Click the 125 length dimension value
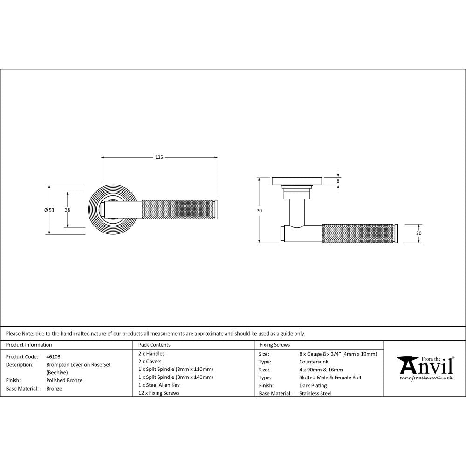tap(159, 158)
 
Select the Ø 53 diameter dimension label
tap(49, 210)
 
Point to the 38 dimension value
tap(68, 210)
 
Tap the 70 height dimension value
tap(259, 211)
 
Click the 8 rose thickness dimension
tap(338, 180)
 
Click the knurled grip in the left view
tap(177, 209)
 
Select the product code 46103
tap(54, 356)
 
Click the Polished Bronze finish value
tap(64, 380)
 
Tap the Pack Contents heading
tap(154, 345)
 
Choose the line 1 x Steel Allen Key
tap(159, 385)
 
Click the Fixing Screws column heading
tap(274, 345)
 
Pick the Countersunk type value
tap(315, 362)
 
